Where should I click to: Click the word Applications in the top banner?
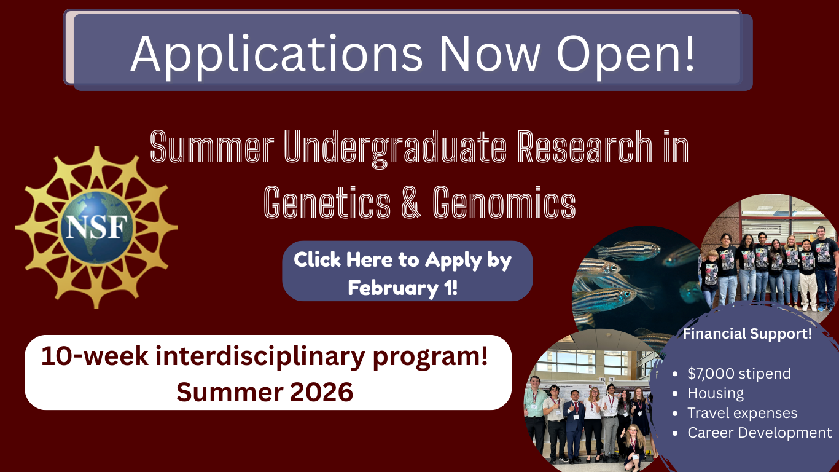coord(277,54)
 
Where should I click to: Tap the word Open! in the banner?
coord(625,54)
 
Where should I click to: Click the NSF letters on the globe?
coord(96,227)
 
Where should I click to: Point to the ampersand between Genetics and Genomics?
coord(412,203)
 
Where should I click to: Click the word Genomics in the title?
coord(504,203)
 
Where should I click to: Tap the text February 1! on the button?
coord(403,288)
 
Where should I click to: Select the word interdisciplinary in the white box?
coord(260,356)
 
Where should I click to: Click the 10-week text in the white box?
coord(95,356)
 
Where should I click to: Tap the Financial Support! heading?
coord(747,334)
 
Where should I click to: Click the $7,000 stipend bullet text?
coord(739,374)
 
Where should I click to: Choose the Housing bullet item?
coord(716,393)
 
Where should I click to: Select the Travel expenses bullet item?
coord(743,413)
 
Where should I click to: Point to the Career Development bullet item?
coord(760,433)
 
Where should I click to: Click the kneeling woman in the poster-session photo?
coord(634,448)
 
